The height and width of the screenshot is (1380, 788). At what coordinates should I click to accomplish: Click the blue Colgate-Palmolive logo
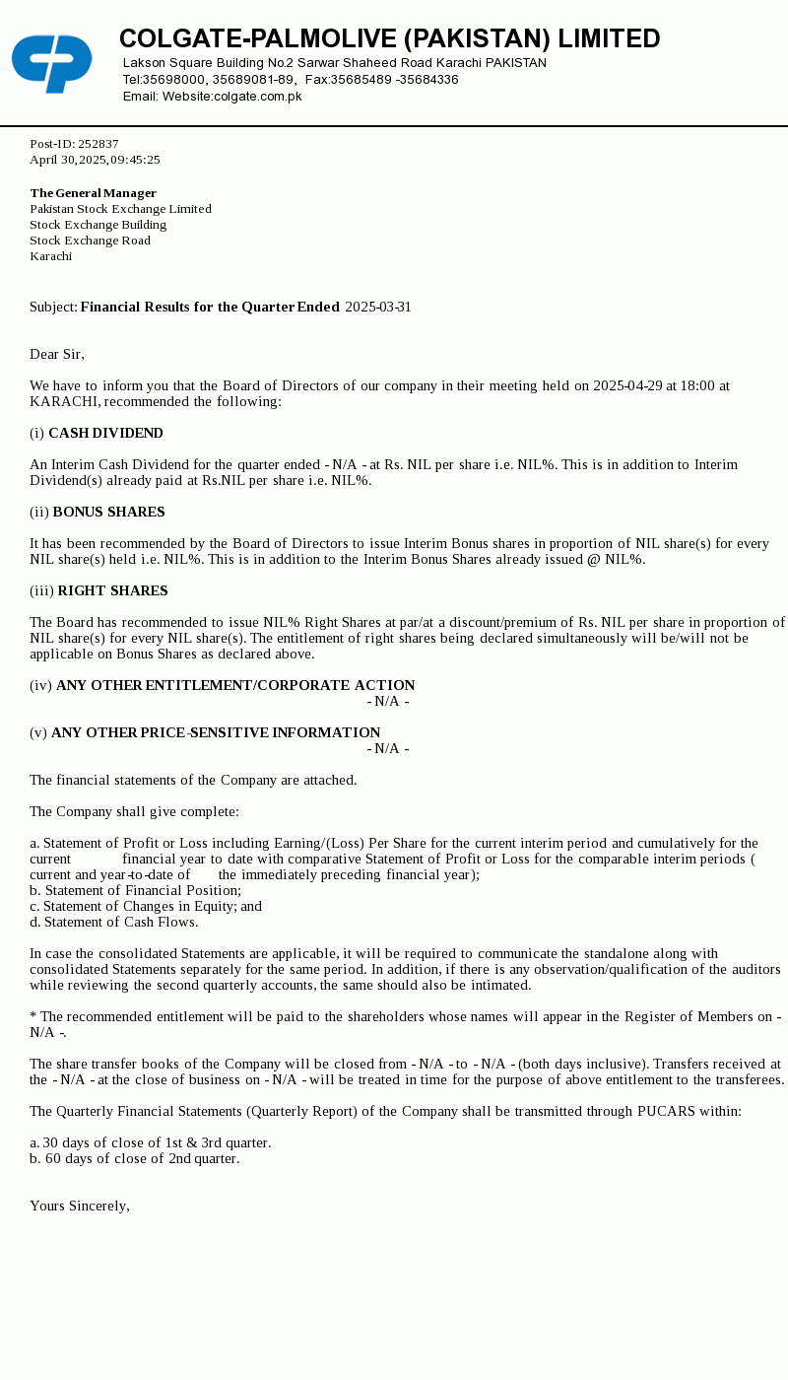52,63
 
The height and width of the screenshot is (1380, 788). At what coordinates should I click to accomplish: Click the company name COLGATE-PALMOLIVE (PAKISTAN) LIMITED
389,39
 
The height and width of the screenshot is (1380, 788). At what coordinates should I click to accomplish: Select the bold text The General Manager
93,193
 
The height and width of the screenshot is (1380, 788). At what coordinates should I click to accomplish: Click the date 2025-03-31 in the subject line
378,308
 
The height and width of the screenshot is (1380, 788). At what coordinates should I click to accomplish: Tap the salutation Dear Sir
57,355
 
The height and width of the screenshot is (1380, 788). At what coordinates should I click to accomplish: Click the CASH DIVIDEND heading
105,434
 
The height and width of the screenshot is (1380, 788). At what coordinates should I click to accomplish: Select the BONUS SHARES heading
108,513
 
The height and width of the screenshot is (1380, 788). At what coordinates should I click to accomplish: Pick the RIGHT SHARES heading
112,591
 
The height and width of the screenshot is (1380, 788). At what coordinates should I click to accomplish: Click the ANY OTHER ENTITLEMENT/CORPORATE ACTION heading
235,686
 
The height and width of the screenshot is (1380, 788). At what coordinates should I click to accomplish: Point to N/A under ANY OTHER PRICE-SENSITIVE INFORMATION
388,749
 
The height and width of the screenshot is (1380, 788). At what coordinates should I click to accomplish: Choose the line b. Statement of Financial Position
135,891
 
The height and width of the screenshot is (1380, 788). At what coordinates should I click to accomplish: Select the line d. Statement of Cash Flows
113,923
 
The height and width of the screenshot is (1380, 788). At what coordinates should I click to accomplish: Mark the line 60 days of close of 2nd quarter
135,1159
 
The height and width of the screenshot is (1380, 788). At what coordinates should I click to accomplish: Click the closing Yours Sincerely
80,1207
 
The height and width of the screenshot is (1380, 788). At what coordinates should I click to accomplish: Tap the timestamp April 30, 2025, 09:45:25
95,160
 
